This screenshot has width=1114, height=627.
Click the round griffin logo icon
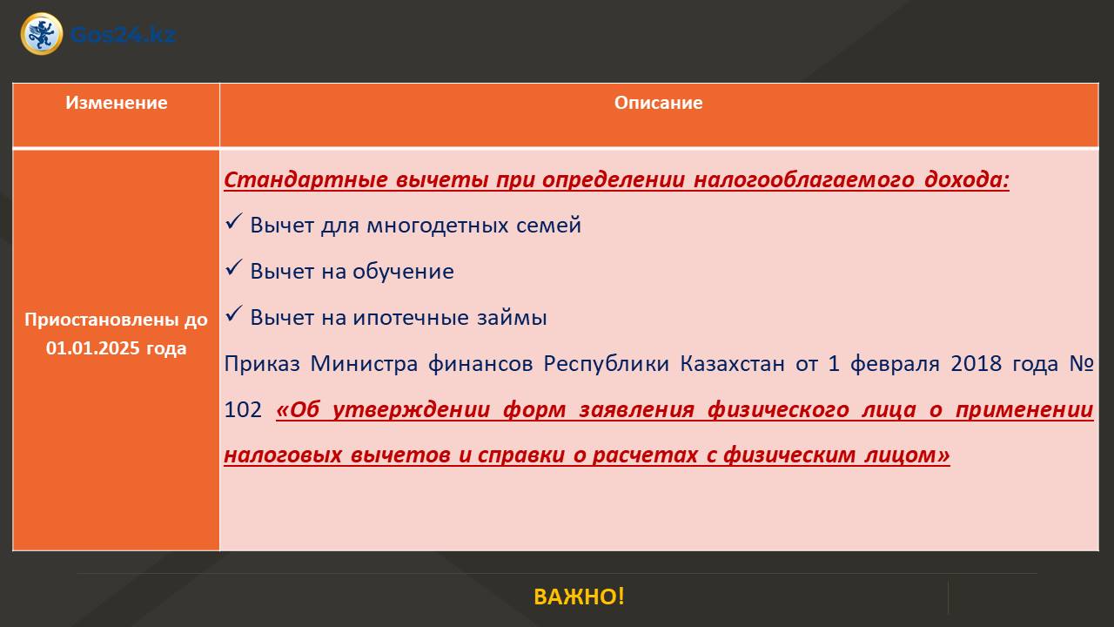click(x=42, y=34)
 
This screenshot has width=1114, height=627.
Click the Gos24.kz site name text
click(x=123, y=34)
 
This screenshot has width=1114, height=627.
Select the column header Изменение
click(x=117, y=103)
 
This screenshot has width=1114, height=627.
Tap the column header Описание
click(x=659, y=103)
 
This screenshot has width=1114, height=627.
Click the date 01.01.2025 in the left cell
click(x=92, y=347)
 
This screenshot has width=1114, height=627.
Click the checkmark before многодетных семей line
click(x=234, y=221)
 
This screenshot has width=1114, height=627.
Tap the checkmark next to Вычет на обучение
click(x=234, y=267)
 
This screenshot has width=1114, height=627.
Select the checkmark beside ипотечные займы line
click(x=234, y=313)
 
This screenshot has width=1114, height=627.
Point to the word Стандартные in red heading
click(x=305, y=179)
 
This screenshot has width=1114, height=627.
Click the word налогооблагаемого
click(x=803, y=179)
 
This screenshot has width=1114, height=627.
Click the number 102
click(x=243, y=410)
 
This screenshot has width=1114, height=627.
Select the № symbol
click(x=1082, y=364)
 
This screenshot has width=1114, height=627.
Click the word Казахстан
click(x=733, y=364)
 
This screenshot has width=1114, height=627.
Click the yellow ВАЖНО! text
click(x=579, y=597)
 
